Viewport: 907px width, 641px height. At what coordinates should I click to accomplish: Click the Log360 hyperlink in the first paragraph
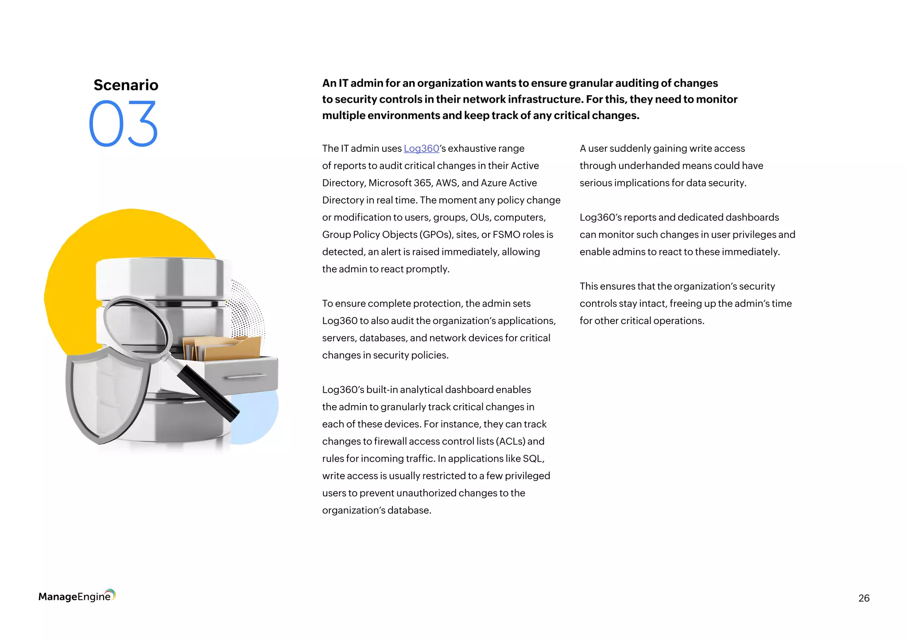coord(421,149)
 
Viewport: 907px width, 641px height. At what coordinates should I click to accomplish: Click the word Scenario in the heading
coord(126,85)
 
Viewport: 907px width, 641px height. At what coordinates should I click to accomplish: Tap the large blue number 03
coord(124,124)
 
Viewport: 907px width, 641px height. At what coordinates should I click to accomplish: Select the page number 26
coord(864,598)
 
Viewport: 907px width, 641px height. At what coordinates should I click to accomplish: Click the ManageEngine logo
coord(77,596)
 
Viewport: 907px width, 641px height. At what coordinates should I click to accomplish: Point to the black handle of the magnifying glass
coord(207,393)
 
